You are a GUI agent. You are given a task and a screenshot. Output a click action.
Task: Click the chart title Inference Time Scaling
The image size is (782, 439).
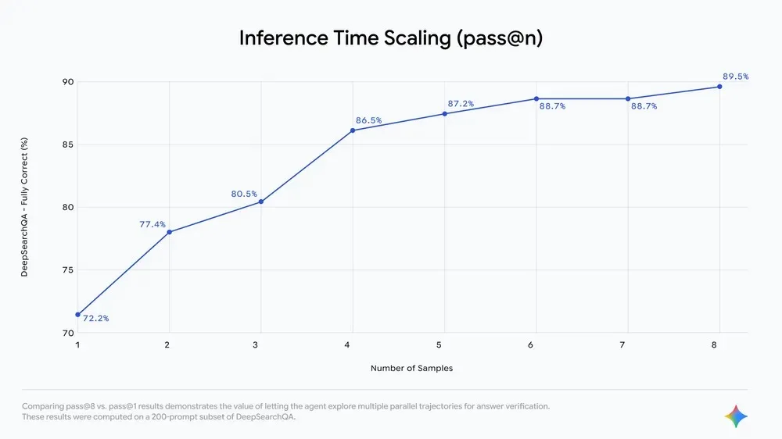click(390, 38)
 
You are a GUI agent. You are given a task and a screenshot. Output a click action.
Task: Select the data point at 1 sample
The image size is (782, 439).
click(77, 314)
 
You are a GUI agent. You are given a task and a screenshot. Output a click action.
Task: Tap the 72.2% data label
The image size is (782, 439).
click(95, 319)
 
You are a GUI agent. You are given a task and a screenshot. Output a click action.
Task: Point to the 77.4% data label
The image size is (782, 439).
click(152, 224)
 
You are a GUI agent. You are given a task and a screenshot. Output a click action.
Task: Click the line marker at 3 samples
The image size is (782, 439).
click(261, 202)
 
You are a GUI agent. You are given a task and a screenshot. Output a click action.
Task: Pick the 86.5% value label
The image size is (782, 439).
click(368, 121)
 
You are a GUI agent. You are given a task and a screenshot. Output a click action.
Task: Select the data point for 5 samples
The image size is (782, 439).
click(445, 113)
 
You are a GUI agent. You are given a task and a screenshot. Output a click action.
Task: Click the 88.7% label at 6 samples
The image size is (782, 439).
click(552, 106)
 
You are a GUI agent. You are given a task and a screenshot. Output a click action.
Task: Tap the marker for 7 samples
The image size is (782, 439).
click(628, 98)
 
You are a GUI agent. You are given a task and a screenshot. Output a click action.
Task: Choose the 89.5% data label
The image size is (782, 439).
click(735, 77)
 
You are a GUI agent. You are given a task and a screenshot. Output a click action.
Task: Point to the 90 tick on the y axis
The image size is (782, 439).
click(68, 82)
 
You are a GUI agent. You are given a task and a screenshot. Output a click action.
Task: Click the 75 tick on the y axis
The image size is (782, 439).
click(68, 270)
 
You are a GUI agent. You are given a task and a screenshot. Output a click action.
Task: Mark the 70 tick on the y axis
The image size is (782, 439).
click(68, 333)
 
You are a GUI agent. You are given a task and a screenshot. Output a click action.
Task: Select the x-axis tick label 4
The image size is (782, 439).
click(353, 344)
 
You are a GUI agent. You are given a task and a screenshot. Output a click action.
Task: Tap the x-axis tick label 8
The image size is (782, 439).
click(719, 344)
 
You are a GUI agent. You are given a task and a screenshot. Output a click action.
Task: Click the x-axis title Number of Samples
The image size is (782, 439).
click(412, 368)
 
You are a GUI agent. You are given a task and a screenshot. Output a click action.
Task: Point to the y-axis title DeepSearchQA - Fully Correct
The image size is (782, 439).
click(24, 208)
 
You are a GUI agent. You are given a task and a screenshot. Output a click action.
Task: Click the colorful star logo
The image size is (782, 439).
click(736, 416)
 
